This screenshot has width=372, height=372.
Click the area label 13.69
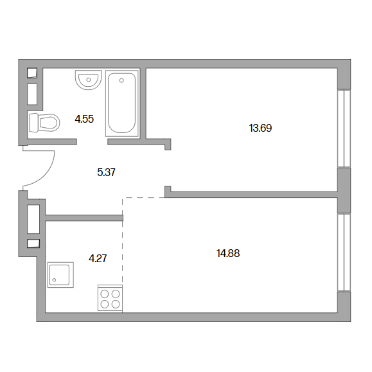tap(260, 128)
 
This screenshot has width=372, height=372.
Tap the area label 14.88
tap(228, 253)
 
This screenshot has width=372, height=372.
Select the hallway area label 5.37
tap(106, 172)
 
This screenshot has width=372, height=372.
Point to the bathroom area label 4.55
tap(84, 119)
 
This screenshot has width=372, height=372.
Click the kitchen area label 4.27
tap(98, 258)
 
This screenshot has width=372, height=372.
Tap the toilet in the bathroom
tap(44, 123)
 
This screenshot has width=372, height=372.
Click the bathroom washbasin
tap(88, 80)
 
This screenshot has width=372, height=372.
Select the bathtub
tap(122, 103)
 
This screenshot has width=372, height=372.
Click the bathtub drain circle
tap(121, 80)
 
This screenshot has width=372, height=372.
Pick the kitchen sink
tap(60, 275)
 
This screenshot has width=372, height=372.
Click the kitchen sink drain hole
tap(54, 280)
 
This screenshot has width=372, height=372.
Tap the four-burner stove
tap(110, 298)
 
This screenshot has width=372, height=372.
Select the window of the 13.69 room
tap(344, 128)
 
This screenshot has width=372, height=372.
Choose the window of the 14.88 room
tap(344, 252)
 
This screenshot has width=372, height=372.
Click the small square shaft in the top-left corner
tap(32, 73)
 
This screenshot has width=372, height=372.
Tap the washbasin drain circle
tap(89, 80)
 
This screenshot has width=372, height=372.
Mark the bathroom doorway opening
tap(92, 142)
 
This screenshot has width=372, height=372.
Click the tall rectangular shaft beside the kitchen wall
tap(33, 219)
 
